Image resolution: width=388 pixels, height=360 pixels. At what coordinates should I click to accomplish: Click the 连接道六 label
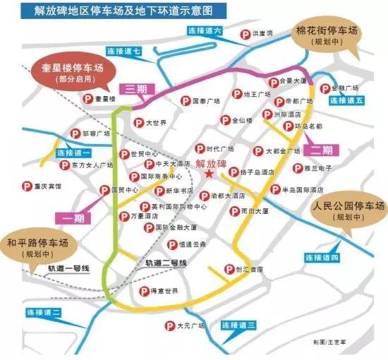205,31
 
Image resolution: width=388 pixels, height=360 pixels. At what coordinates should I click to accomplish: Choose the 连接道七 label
124,52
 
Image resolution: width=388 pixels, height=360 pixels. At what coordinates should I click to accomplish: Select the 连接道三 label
238,325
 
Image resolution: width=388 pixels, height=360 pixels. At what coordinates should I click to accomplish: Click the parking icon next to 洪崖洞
243,34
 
